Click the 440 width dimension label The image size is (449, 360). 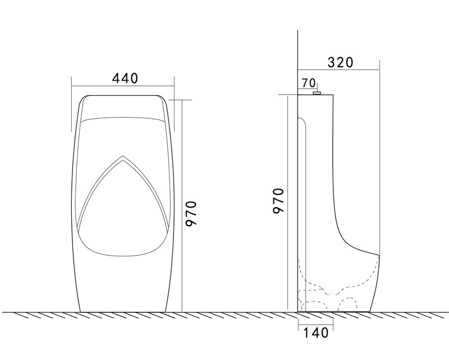click(125, 78)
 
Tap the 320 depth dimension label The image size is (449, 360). click(341, 62)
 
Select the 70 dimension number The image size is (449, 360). click(309, 83)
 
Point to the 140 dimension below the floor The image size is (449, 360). click(315, 333)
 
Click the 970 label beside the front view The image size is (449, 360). click(191, 214)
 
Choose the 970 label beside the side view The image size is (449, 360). click(278, 201)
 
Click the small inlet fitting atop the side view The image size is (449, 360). click(317, 93)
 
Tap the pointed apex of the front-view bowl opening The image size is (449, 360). click(123, 156)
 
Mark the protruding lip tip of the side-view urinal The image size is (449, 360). click(379, 255)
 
